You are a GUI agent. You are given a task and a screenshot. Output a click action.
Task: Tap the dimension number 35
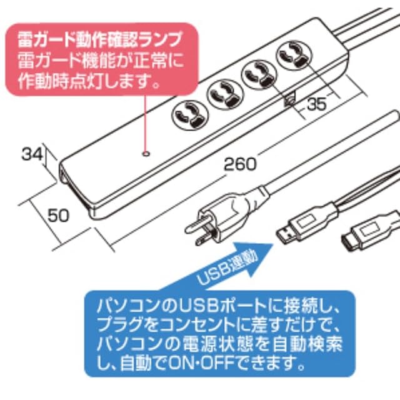[317, 106]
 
